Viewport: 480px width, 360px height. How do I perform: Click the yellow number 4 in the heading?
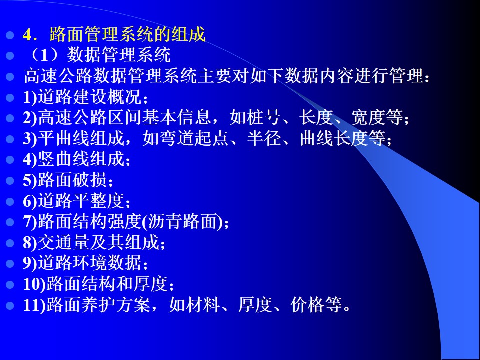coord(27,35)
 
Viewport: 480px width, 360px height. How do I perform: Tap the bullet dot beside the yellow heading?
coord(10,35)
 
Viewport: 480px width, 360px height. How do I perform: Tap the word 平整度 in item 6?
coord(98,200)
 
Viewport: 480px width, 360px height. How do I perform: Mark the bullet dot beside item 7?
coord(10,222)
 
